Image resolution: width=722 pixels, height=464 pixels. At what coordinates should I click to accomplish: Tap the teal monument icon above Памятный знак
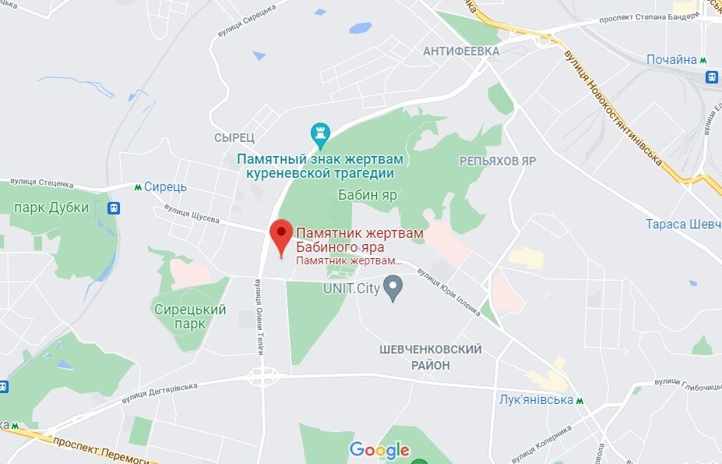click(x=320, y=133)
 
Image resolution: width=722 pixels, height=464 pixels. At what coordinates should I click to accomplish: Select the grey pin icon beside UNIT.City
click(x=394, y=289)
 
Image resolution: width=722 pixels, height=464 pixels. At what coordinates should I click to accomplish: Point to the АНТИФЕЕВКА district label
click(x=461, y=51)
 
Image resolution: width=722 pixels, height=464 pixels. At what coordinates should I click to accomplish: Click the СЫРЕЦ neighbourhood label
click(x=234, y=137)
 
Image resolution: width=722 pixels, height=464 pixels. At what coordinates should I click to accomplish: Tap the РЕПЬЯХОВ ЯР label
click(x=498, y=161)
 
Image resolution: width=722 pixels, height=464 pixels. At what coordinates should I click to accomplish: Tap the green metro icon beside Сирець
click(x=138, y=187)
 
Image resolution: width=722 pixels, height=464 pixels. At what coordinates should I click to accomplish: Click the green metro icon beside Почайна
click(x=703, y=60)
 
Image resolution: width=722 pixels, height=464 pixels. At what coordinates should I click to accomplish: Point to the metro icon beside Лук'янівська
click(x=579, y=400)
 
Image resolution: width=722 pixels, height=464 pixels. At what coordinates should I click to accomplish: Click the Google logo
click(x=379, y=449)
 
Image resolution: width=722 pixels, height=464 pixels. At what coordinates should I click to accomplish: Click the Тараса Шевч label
click(x=683, y=225)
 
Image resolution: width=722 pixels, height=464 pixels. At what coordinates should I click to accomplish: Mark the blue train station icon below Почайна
click(x=712, y=76)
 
